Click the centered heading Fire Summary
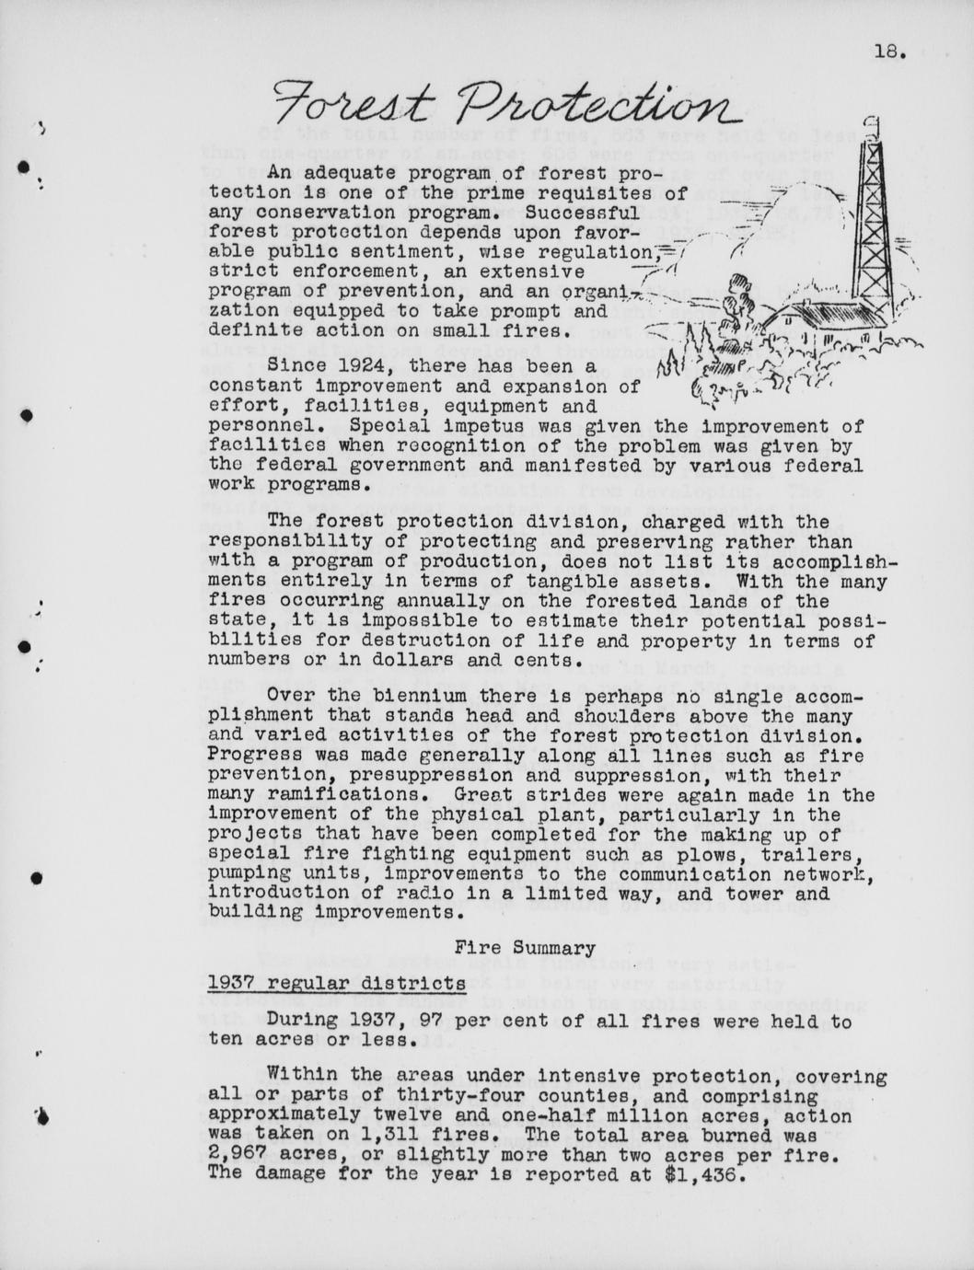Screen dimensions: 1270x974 tap(526, 948)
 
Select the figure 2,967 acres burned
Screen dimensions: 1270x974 tap(238, 1155)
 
